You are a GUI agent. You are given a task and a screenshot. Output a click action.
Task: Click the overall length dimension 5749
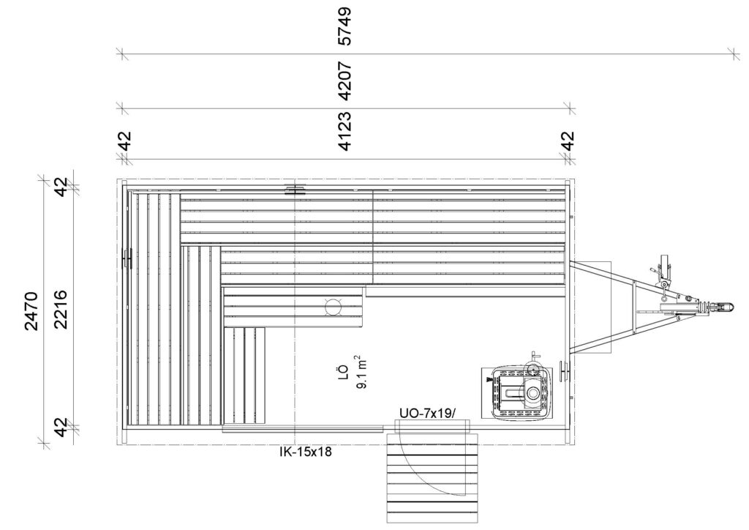pos(345,26)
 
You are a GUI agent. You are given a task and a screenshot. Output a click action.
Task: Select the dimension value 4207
pos(345,81)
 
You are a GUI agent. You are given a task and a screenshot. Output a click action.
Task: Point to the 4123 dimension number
pos(345,131)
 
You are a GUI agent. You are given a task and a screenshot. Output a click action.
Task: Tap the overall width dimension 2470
pos(31,310)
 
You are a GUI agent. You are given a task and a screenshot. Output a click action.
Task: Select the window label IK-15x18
pos(305,452)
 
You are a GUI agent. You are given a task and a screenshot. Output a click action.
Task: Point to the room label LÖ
pos(342,373)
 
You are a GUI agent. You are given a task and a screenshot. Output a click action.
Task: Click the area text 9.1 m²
pos(361,372)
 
